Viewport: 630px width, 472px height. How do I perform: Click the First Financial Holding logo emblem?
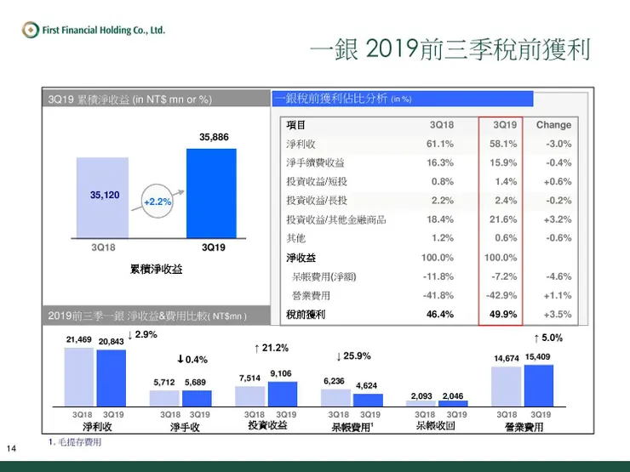[x=31, y=30]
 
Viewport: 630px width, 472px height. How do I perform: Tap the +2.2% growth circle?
[x=157, y=202]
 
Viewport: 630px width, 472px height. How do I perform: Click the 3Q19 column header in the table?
[x=505, y=125]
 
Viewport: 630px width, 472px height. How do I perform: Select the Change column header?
[x=553, y=125]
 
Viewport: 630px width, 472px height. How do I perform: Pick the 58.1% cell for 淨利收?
[x=503, y=144]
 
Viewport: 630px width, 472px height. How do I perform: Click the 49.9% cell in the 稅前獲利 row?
[x=503, y=314]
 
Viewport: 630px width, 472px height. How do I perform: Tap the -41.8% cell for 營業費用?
[x=438, y=295]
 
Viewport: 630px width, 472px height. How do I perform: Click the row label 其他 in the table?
[x=295, y=238]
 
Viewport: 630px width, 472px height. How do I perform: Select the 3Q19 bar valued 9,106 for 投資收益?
[x=283, y=393]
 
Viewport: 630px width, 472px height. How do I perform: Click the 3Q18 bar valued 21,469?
[x=79, y=377]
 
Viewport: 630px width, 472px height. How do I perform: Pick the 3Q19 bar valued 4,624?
[x=368, y=399]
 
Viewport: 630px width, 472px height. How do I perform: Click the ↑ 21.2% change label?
[x=272, y=348]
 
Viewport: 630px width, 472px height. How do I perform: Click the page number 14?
[x=12, y=448]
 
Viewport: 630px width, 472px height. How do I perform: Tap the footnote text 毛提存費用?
[x=78, y=442]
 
